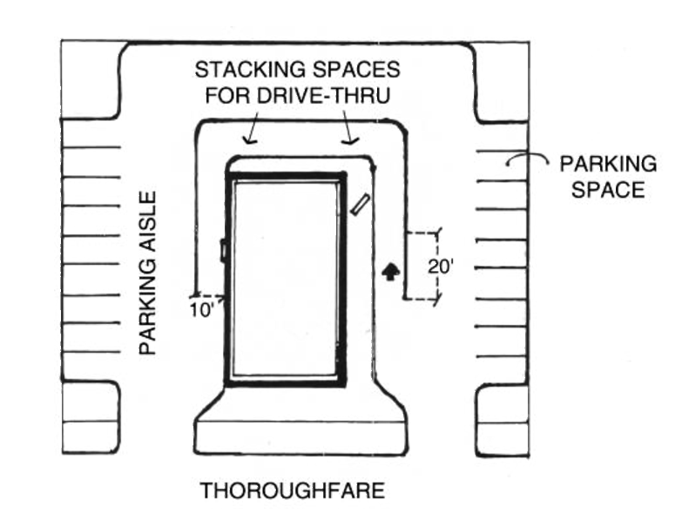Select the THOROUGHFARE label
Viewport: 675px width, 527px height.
pyautogui.click(x=293, y=492)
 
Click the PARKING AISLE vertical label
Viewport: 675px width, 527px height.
pyautogui.click(x=150, y=272)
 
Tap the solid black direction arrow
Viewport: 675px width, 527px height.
pyautogui.click(x=391, y=272)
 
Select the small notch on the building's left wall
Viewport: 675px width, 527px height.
pyautogui.click(x=224, y=251)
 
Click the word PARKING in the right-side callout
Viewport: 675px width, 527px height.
pyautogui.click(x=607, y=163)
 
